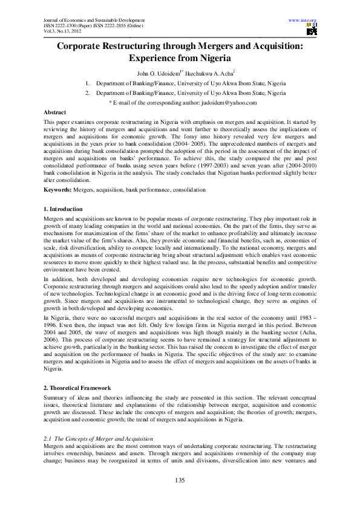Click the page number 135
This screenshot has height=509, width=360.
tap(180, 480)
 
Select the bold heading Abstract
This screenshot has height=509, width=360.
tap(55, 113)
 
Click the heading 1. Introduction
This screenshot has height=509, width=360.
tap(65, 209)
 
